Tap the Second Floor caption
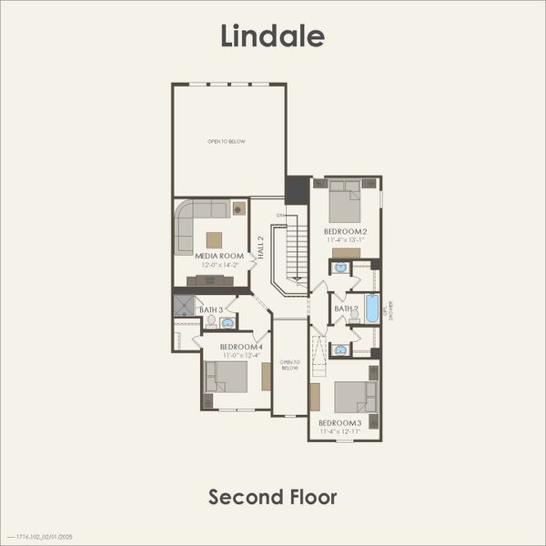pyautogui.click(x=273, y=497)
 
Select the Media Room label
pyautogui.click(x=219, y=256)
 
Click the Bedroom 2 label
pyautogui.click(x=346, y=232)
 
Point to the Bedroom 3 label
pyautogui.click(x=340, y=423)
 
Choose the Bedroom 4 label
pyautogui.click(x=241, y=347)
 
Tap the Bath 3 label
pyautogui.click(x=211, y=310)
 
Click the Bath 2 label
pyautogui.click(x=346, y=308)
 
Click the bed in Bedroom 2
pyautogui.click(x=345, y=202)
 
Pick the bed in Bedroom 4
pyautogui.click(x=227, y=377)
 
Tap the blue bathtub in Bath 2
pyautogui.click(x=371, y=308)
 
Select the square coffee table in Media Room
pyautogui.click(x=214, y=239)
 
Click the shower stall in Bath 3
pyautogui.click(x=185, y=305)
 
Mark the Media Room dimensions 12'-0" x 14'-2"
pyautogui.click(x=219, y=265)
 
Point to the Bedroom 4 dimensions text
pyautogui.click(x=241, y=355)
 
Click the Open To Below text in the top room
pyautogui.click(x=227, y=141)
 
